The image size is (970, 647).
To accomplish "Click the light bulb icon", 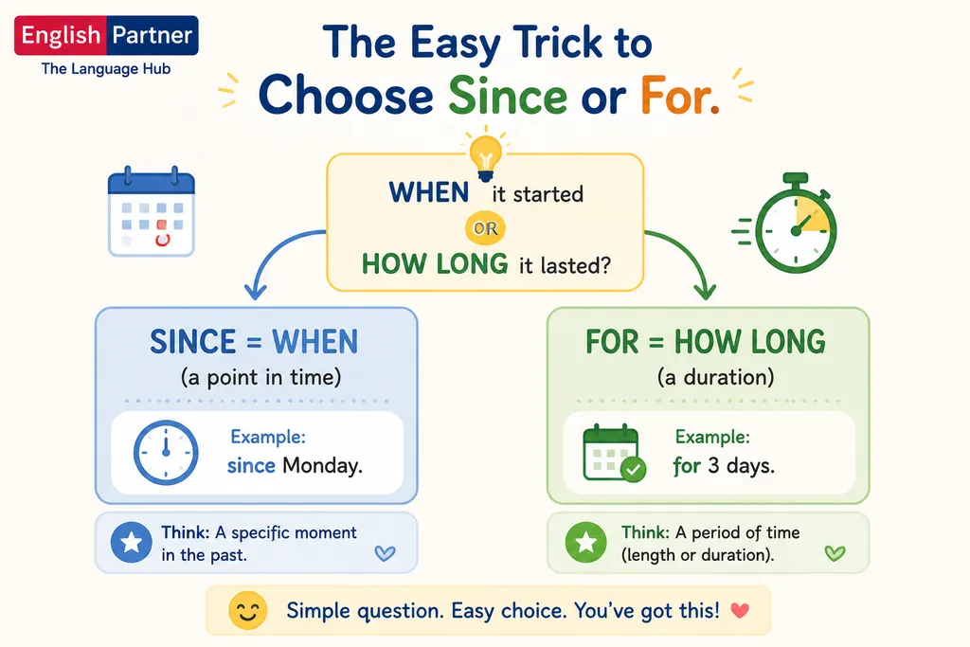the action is (486, 157).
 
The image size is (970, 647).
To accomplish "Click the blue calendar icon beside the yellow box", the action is (152, 211).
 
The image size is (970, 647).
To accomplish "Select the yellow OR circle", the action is (486, 228).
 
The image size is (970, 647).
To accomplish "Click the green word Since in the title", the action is (508, 96).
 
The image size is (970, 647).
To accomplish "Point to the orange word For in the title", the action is (680, 96).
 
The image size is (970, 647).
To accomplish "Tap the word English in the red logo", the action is (61, 35).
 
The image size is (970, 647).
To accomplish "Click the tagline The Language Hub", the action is (106, 68).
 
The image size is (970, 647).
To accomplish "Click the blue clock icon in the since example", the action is (166, 452).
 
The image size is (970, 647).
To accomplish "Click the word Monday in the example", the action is (322, 465).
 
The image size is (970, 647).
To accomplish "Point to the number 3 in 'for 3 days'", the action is (713, 465).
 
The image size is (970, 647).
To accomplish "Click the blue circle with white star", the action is (131, 543).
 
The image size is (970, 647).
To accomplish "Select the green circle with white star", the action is (585, 543).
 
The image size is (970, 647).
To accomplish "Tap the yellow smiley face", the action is (247, 610).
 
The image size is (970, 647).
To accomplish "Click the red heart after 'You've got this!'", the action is (740, 611).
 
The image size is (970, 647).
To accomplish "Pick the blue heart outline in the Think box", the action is (385, 553).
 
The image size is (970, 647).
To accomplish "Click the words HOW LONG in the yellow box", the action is (434, 264).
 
